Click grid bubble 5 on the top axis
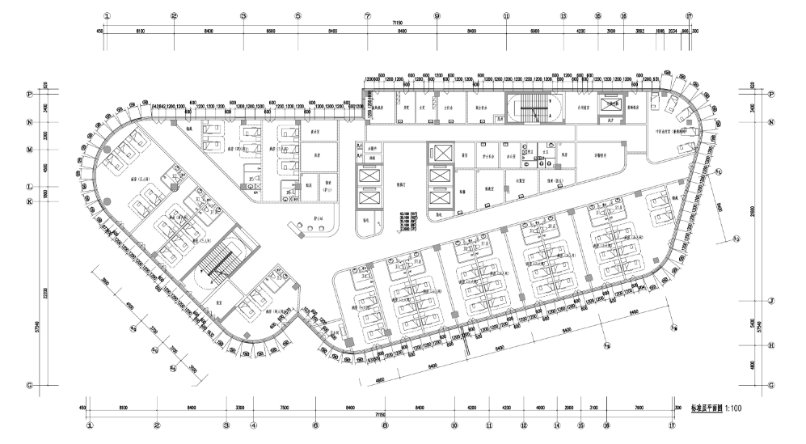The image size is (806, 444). [298, 15]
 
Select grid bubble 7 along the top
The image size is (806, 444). [367, 15]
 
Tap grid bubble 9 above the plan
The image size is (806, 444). [437, 15]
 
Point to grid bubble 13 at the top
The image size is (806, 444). [563, 15]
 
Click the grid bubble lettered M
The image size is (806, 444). [30, 150]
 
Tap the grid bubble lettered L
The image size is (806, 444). [30, 187]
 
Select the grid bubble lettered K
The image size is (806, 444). [30, 201]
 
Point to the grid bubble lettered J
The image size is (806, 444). [771, 301]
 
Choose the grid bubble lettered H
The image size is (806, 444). [771, 345]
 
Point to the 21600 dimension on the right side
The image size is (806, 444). [751, 210]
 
